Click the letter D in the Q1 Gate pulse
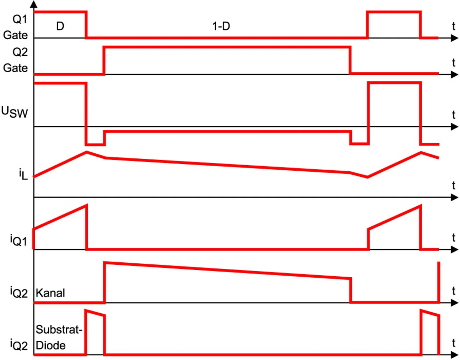click(60, 26)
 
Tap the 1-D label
click(221, 26)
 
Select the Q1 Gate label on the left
click(16, 27)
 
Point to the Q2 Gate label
click(16, 60)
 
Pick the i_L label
click(23, 175)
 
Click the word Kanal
click(50, 293)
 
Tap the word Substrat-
click(59, 329)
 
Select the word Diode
click(51, 345)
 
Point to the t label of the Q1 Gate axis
click(454, 26)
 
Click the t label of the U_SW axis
click(454, 115)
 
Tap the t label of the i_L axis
click(454, 186)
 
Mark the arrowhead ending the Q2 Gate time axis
click(455, 74)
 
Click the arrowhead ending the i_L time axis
click(455, 197)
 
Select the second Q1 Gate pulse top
click(394, 12)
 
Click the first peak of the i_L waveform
click(87, 152)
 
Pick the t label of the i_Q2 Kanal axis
click(454, 291)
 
